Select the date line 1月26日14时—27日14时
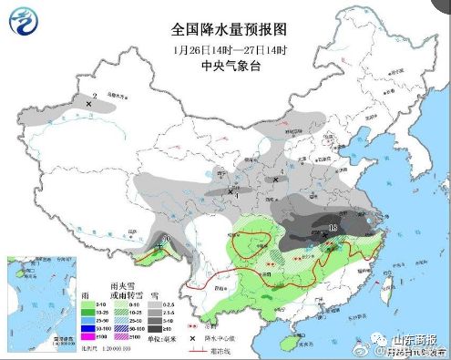pyautogui.click(x=224, y=47)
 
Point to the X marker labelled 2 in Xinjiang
pyautogui.click(x=88, y=104)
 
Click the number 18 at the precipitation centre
pyautogui.click(x=334, y=225)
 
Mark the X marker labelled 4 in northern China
pyautogui.click(x=276, y=180)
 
